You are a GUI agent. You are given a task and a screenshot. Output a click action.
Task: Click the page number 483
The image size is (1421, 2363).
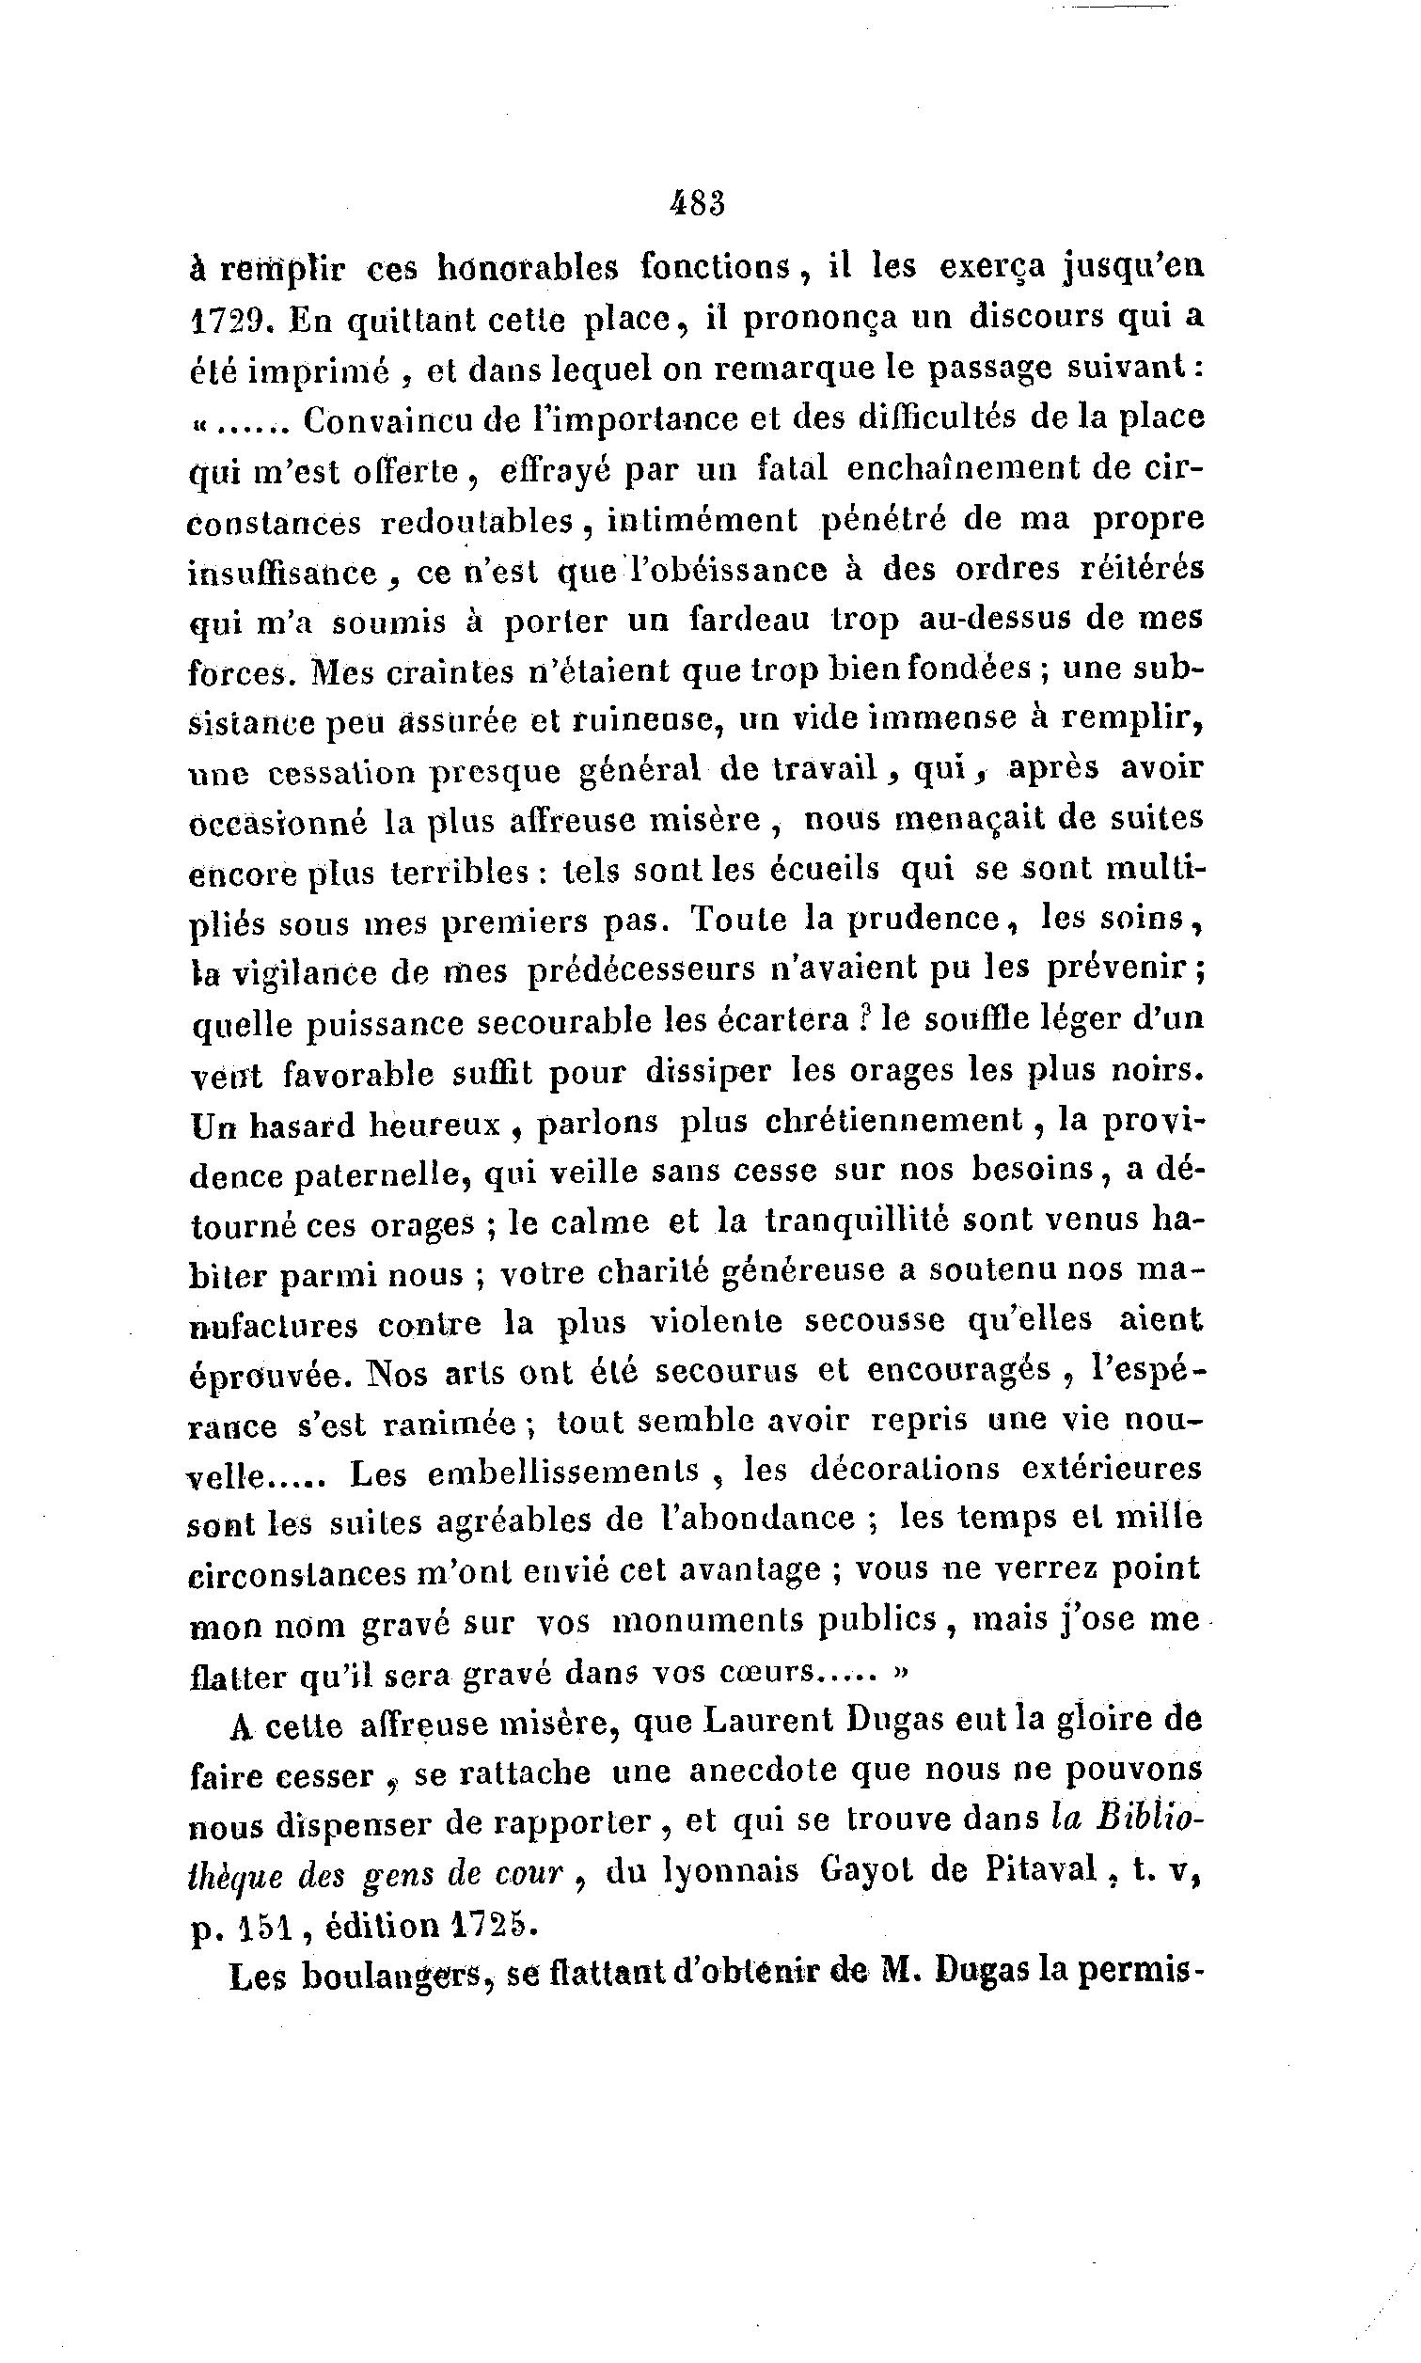(698, 204)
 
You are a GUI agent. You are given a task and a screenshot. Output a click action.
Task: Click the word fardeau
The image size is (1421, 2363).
(750, 620)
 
